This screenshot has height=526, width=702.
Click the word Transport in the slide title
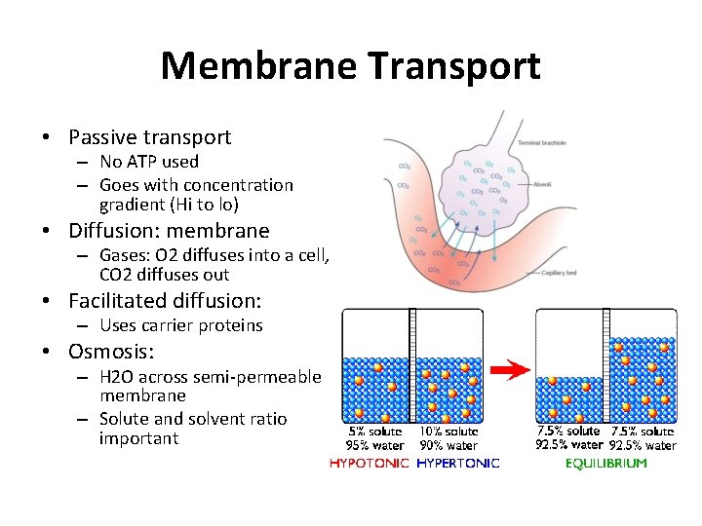pos(454,66)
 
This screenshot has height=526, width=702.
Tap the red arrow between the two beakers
pos(509,370)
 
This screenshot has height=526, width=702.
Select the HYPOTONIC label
pos(370,464)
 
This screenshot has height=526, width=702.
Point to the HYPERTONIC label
pos(457,464)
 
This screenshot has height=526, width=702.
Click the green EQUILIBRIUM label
pos(605,464)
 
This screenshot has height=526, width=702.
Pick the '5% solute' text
pos(374,432)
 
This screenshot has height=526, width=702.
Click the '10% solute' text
pos(448,432)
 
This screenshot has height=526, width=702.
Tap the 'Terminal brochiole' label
pos(541,143)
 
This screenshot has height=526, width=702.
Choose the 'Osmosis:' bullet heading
pos(112,352)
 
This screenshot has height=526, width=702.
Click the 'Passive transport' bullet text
pos(149,137)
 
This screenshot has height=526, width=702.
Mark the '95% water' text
pos(374,446)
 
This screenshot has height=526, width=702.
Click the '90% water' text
pos(448,446)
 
